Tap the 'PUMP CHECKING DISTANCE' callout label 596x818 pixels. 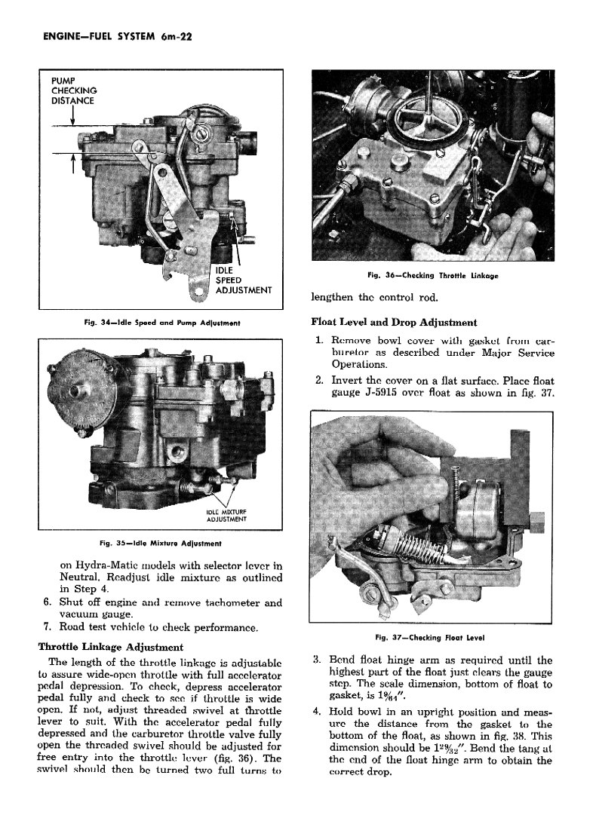(x=73, y=90)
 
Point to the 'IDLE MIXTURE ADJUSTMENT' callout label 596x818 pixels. (x=226, y=516)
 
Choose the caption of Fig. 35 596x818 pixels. (x=160, y=542)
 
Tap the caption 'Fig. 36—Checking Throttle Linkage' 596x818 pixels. (x=432, y=276)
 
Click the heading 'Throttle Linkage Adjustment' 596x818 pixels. (x=110, y=646)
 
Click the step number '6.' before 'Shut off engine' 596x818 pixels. (x=48, y=602)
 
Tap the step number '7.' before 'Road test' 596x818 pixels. (x=48, y=627)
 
